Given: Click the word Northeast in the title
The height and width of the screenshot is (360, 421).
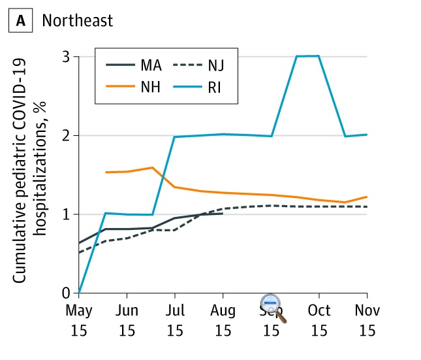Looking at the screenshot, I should click(x=78, y=20).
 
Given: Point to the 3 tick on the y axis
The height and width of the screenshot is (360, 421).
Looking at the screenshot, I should click(x=67, y=57).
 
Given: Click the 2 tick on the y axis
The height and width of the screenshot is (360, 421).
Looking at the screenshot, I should click(x=67, y=135).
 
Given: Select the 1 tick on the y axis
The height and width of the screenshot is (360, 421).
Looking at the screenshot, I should click(x=67, y=214).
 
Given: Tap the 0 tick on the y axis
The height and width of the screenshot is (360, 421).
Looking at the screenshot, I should click(x=67, y=293).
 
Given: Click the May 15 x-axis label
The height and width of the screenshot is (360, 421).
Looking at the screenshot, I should click(x=78, y=319).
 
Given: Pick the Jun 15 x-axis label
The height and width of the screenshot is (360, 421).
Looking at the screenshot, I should click(x=127, y=319).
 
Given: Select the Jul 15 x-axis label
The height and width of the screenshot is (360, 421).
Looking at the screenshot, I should click(x=174, y=319).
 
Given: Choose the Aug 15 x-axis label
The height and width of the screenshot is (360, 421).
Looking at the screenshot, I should click(x=223, y=319).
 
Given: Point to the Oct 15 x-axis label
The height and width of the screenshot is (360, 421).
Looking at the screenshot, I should click(x=319, y=319).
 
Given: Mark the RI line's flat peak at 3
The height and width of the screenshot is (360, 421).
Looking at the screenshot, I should click(x=307, y=56).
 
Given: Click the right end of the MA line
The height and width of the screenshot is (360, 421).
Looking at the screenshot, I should click(x=223, y=213).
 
